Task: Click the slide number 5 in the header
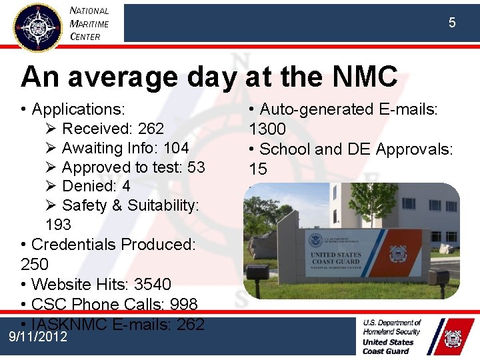click(452, 23)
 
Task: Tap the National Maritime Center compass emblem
click(38, 27)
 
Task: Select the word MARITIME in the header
click(89, 24)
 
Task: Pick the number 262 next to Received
click(151, 128)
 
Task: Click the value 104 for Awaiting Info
click(175, 147)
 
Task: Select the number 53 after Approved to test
click(196, 167)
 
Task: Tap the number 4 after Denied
click(126, 186)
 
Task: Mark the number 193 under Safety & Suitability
click(59, 225)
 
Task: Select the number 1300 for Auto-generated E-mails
click(267, 129)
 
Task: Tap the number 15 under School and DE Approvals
click(258, 169)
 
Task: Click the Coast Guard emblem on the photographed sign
click(398, 253)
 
